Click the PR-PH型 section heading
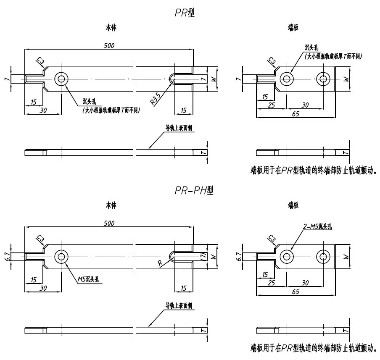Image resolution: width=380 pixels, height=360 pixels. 194,191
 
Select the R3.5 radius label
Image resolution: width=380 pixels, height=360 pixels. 156,99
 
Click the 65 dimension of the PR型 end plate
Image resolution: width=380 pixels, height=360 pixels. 296,113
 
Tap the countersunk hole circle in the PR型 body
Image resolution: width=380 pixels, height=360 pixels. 62,79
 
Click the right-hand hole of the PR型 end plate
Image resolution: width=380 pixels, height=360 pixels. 323,79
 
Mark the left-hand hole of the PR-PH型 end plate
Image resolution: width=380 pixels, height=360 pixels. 287,256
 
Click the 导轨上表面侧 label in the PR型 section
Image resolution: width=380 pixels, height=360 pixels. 179,128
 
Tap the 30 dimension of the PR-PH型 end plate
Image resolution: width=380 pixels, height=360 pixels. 305,283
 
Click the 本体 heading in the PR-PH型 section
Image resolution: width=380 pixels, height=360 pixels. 111,205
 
